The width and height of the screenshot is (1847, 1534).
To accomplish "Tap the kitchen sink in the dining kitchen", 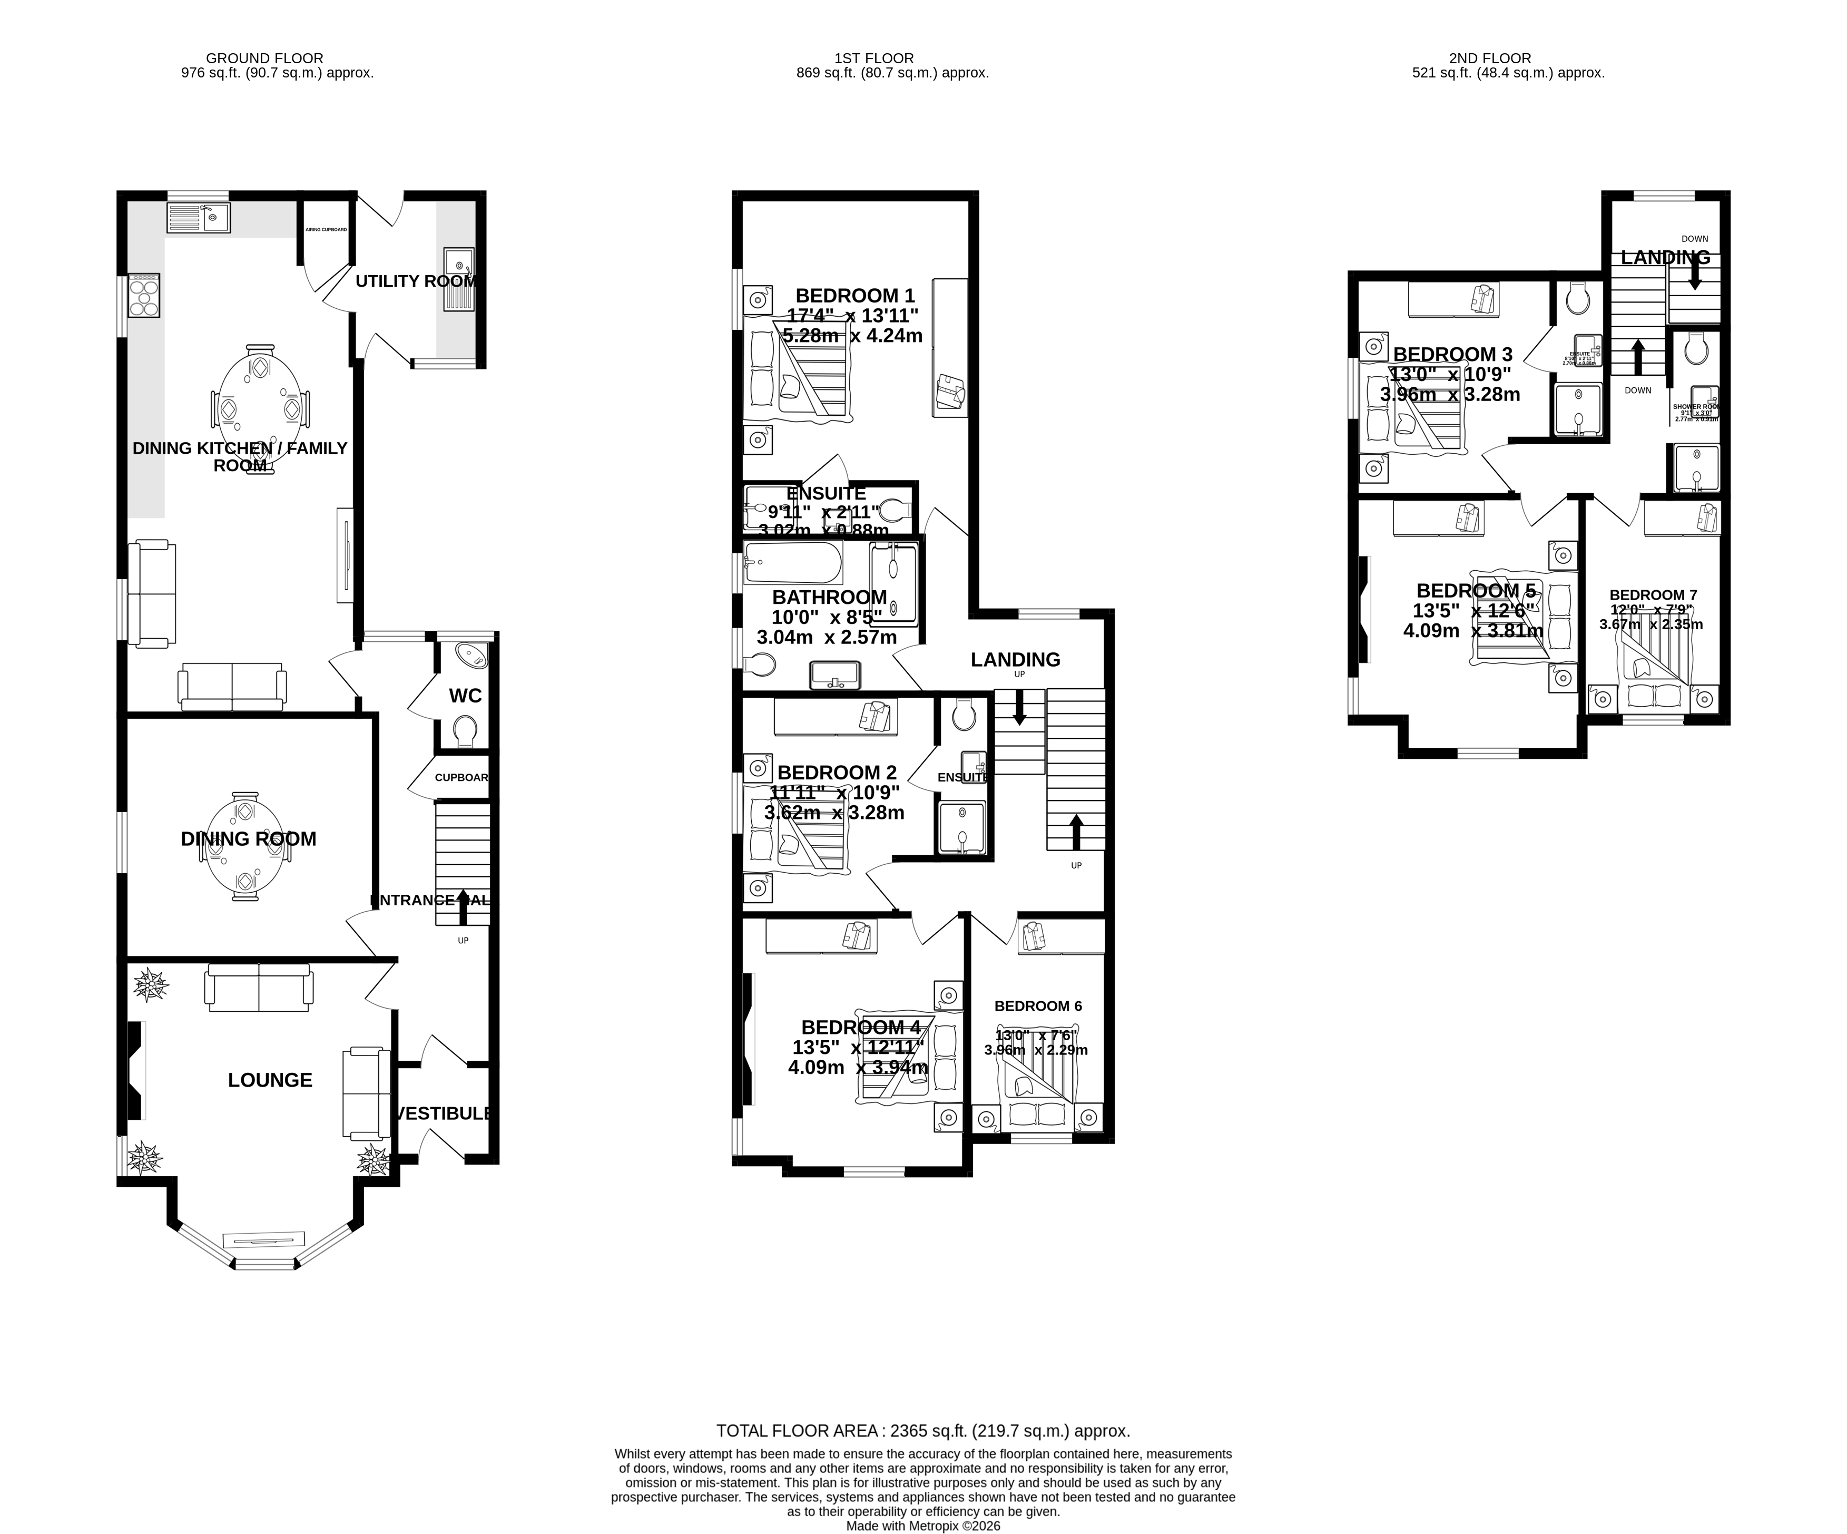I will click(198, 217).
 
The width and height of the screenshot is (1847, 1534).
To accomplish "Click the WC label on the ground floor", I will click(465, 696).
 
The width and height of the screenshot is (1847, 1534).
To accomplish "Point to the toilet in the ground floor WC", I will click(465, 730).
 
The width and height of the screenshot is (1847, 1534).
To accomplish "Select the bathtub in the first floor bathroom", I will click(792, 563).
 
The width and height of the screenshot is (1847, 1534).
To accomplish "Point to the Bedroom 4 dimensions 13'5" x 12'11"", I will click(858, 1048).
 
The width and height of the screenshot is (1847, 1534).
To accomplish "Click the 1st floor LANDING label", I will click(1015, 659).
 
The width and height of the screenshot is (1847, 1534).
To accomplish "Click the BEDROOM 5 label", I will click(1476, 590).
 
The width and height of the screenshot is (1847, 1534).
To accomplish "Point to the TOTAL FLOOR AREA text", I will click(922, 1431).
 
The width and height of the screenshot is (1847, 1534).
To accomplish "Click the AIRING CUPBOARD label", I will click(326, 230).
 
